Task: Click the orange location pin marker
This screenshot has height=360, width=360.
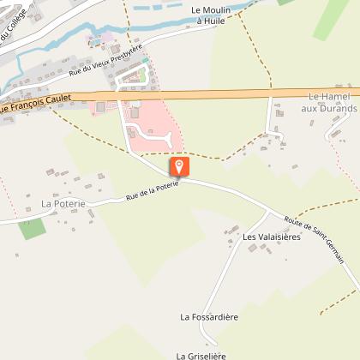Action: [178, 165]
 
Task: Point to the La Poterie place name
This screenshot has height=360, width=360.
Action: [63, 204]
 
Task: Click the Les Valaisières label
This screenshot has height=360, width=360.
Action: [271, 237]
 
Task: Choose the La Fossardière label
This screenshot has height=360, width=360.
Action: [209, 316]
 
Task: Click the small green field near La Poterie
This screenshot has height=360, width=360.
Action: [32, 228]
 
